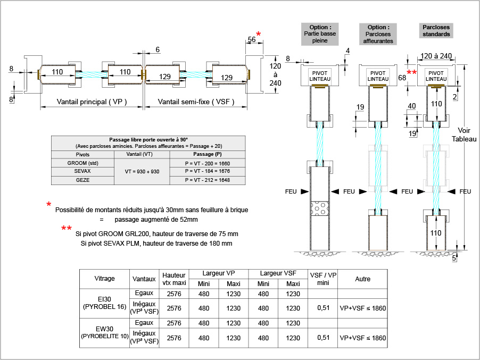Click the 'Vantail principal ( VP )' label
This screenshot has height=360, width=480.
tap(92, 102)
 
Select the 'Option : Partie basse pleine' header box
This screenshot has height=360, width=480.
tap(320, 34)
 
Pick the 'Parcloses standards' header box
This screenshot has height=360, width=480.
tap(436, 30)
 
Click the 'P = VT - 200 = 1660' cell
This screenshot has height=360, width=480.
tap(207, 163)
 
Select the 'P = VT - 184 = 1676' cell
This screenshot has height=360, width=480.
tap(207, 171)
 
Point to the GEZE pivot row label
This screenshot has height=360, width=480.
tap(83, 180)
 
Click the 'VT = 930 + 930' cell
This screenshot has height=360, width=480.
tap(142, 171)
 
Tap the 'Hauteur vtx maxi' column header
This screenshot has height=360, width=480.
tap(173, 279)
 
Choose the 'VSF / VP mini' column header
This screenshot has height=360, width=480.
tap(323, 279)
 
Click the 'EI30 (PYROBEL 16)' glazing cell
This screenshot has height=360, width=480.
tap(104, 304)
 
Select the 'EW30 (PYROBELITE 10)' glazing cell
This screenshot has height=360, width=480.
tap(104, 333)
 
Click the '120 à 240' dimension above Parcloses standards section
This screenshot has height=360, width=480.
tap(436, 56)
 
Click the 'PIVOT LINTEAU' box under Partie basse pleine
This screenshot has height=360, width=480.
tap(320, 76)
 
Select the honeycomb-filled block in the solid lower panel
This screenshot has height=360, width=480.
tap(320, 208)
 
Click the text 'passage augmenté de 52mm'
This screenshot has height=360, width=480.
tap(156, 219)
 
